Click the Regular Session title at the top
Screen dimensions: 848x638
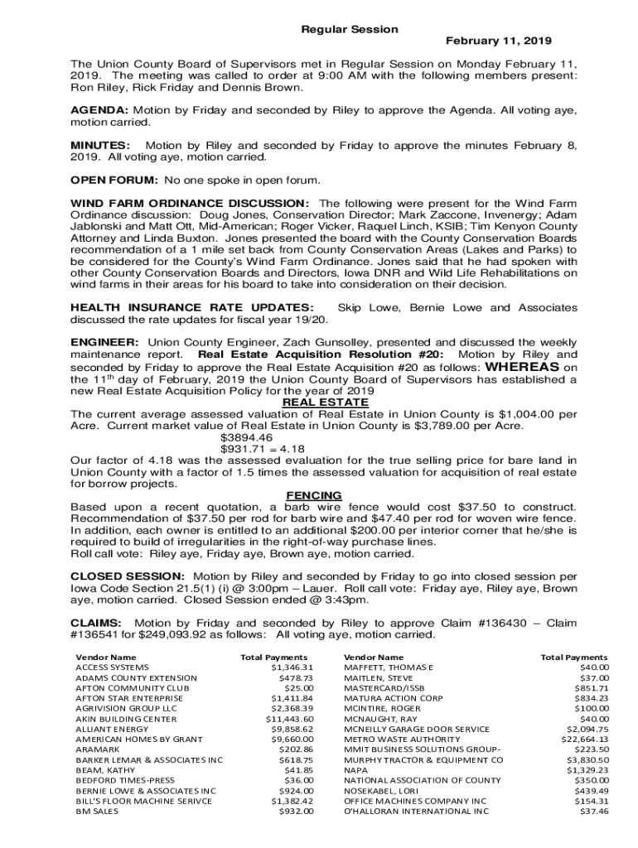coord(349,29)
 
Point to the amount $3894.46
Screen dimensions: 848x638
coord(246,437)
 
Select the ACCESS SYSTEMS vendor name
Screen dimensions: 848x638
coord(113,667)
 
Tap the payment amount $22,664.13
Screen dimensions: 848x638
coord(585,739)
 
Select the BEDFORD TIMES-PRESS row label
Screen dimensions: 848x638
coord(125,780)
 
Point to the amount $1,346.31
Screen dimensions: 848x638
coord(292,667)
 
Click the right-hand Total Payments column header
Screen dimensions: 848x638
coord(574,657)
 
